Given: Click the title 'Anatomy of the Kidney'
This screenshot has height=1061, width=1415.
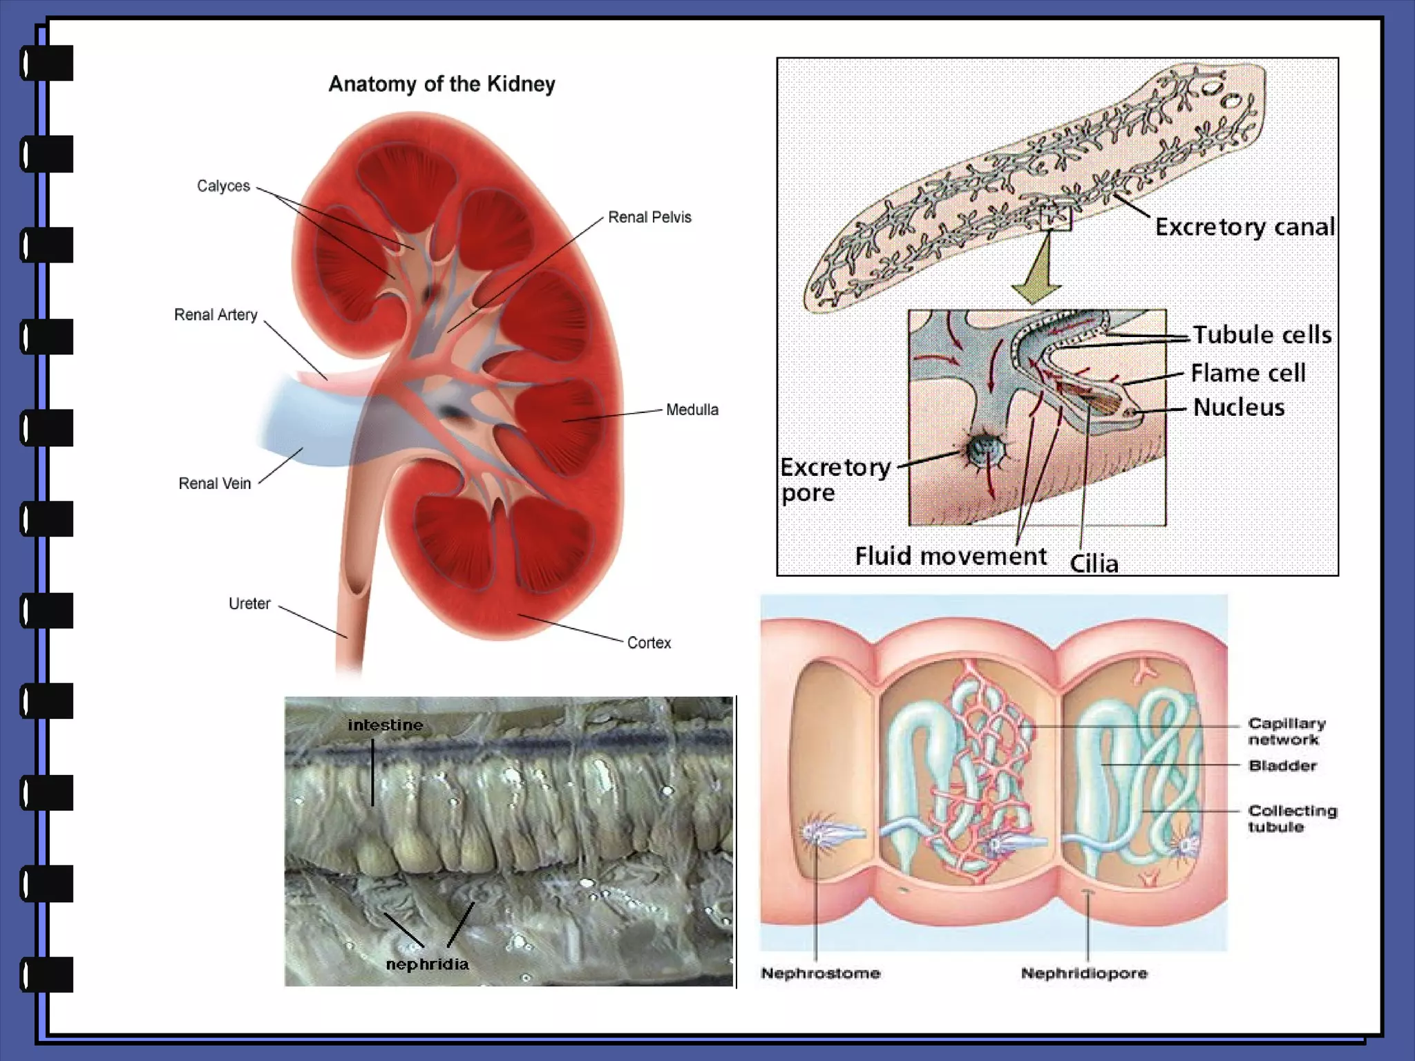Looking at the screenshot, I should (x=441, y=84).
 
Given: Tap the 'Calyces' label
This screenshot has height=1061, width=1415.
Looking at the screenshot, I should (x=223, y=186).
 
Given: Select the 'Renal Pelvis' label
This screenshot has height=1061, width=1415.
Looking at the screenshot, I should (x=649, y=217).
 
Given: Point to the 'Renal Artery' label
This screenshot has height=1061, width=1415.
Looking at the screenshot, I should (x=216, y=315).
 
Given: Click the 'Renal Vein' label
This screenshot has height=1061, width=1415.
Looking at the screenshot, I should (x=215, y=484).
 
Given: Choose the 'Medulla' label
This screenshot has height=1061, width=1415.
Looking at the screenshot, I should (x=692, y=410).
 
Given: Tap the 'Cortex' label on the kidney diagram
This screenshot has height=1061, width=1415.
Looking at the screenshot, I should (x=649, y=643).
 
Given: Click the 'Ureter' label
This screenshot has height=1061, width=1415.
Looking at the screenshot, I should (x=249, y=604).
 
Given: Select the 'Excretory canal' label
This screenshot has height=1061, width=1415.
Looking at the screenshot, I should (x=1245, y=227).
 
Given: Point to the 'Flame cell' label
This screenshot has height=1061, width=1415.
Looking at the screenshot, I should (x=1248, y=373).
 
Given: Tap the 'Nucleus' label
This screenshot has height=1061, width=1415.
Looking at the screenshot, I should (x=1239, y=408).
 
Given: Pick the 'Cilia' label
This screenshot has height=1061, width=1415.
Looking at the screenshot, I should (x=1094, y=564).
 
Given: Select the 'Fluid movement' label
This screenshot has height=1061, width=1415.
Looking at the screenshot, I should (x=951, y=556).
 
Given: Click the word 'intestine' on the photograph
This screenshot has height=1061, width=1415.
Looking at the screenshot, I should (x=385, y=725).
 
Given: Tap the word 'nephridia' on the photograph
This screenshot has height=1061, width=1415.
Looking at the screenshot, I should (x=427, y=964).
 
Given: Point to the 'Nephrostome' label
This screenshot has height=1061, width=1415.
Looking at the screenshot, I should (x=821, y=973).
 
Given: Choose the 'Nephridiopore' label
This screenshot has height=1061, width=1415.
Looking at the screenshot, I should (x=1084, y=973).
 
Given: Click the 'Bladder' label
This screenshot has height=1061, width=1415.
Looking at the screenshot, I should (x=1282, y=765).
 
